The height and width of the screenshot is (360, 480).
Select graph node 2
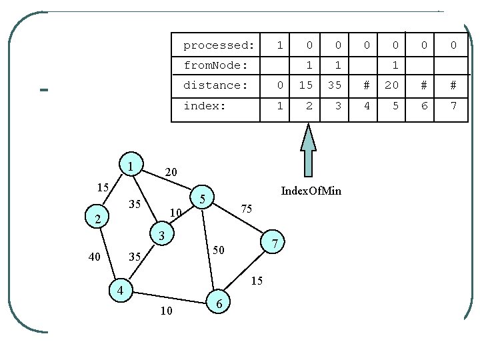click(97, 219)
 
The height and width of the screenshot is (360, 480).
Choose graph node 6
click(220, 303)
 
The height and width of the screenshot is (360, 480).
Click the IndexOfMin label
click(311, 191)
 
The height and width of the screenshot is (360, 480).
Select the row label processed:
click(219, 45)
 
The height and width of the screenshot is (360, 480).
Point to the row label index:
click(205, 105)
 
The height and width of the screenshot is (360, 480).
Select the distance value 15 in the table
click(307, 85)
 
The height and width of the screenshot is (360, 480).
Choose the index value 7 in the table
click(453, 105)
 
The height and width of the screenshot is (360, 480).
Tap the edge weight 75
click(246, 209)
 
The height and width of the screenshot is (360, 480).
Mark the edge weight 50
click(219, 250)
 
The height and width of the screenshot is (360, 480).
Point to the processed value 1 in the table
click(280, 45)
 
